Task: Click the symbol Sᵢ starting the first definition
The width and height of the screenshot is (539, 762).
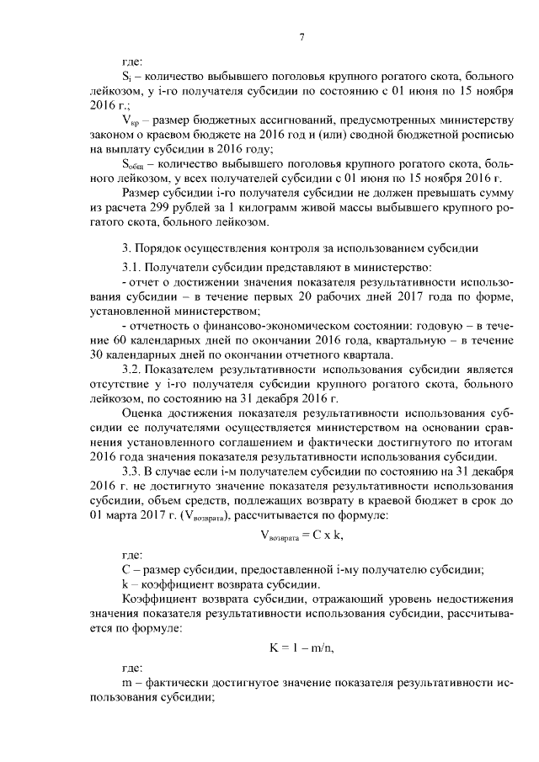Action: coord(126,77)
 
